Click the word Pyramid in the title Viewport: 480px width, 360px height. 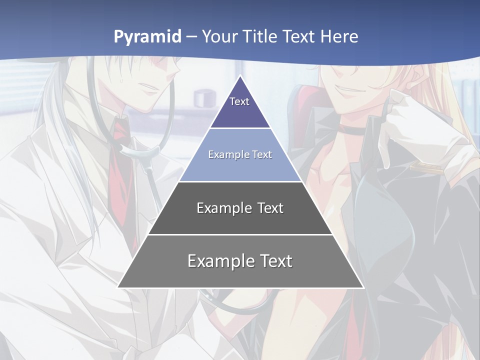(147, 37)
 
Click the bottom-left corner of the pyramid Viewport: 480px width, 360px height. (118, 287)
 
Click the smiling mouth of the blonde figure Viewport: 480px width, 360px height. (353, 91)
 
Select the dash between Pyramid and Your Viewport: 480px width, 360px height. (191, 37)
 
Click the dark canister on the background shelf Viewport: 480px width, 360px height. (202, 97)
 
